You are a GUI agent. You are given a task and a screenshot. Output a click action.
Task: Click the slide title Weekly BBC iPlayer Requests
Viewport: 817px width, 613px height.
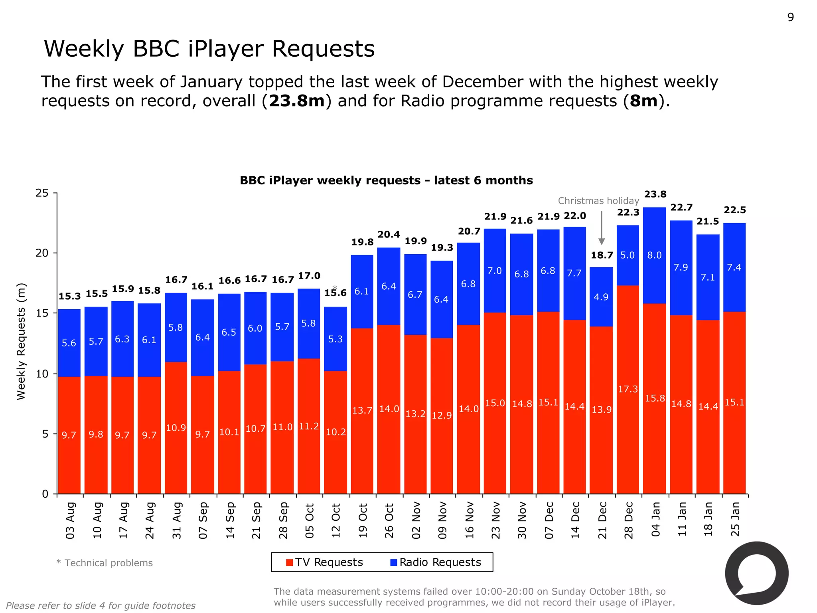pos(209,49)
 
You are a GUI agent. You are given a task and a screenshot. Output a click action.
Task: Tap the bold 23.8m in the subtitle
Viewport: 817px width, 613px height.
pos(297,101)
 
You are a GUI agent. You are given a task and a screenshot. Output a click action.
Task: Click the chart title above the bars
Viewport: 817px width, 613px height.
pos(386,180)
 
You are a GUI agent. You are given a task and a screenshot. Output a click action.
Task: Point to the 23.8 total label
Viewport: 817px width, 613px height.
pos(655,194)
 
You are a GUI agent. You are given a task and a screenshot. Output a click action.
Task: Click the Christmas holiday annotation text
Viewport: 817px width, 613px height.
pos(598,201)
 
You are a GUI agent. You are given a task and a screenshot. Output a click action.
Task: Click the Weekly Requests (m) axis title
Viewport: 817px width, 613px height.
pos(21,341)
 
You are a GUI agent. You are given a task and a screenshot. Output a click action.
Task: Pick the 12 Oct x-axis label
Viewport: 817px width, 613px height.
pos(336,520)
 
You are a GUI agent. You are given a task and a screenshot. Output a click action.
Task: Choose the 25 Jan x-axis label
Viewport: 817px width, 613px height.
pos(735,519)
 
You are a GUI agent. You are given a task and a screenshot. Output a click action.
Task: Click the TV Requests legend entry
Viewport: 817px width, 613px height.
pos(325,562)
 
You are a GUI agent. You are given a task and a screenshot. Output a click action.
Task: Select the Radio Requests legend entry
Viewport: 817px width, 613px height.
pos(436,562)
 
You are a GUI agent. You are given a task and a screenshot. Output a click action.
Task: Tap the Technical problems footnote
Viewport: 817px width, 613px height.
pos(105,563)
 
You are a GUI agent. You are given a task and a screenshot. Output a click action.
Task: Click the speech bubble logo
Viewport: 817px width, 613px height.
pos(756,573)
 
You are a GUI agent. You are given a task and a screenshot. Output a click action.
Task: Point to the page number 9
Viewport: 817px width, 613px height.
pos(790,18)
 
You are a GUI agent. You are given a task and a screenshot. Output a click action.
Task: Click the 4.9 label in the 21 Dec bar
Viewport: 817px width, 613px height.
pos(601,297)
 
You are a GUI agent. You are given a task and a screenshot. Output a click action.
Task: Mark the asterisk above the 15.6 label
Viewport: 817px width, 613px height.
pos(335,287)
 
